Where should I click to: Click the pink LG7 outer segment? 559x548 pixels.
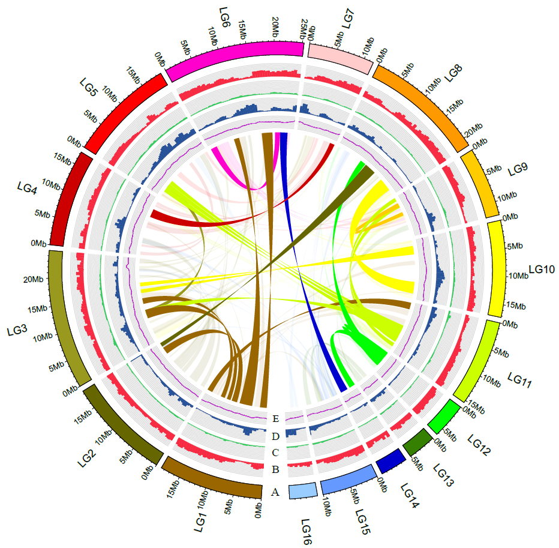pos(339,58)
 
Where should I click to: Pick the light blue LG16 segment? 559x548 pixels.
pos(302,491)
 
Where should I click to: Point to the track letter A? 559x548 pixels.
pos(275,492)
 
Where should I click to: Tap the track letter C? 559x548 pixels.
pos(276,452)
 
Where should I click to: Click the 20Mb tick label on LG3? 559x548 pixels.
pos(34,280)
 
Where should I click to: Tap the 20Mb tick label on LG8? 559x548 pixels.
pos(473,130)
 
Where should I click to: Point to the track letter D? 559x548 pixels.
pos(276,436)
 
